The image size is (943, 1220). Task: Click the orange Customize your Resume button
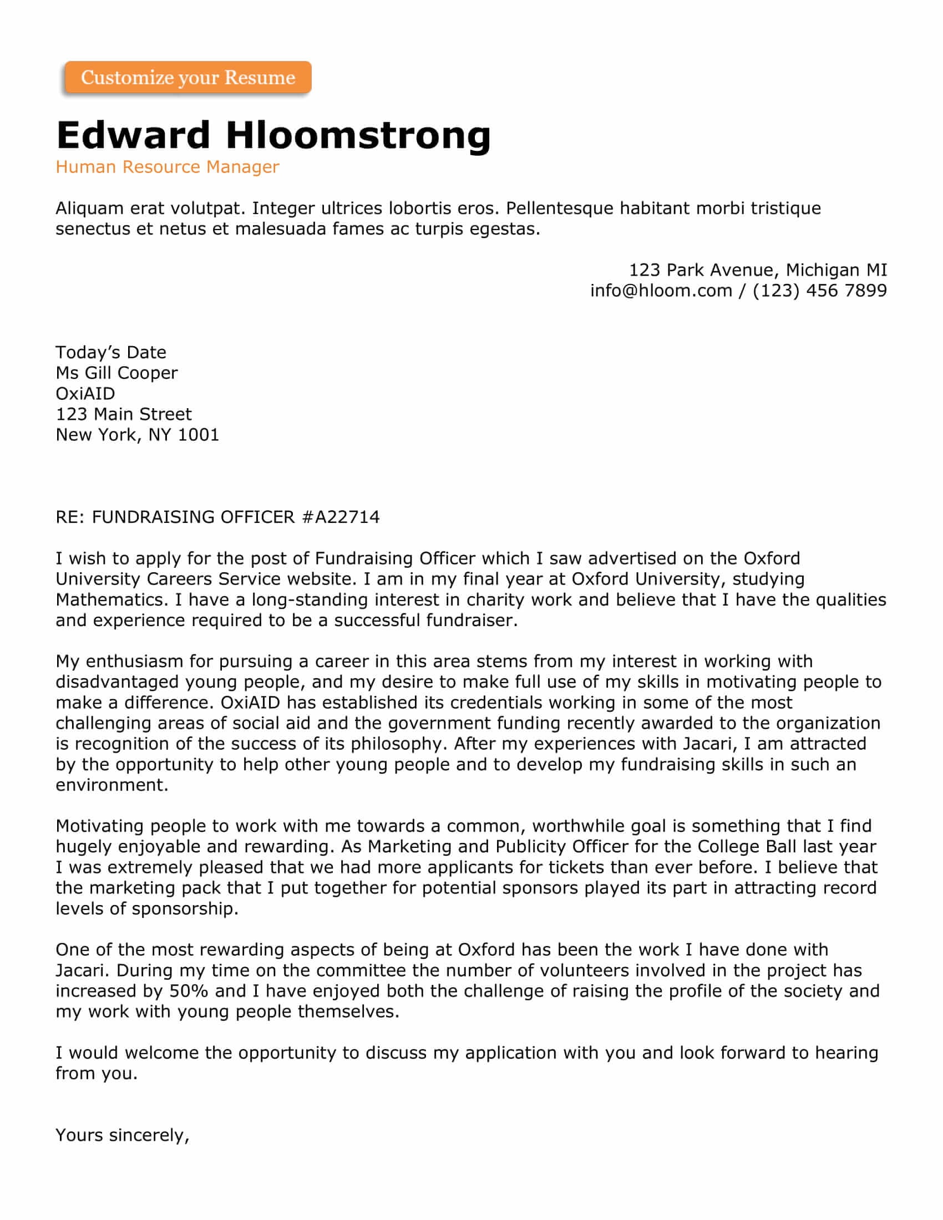[x=187, y=77]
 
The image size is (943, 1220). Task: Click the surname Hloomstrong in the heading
[x=358, y=135]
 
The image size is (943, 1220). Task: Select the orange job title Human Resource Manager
[x=167, y=166]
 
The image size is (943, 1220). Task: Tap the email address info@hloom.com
[x=661, y=291]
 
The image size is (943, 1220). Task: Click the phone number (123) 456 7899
[x=819, y=291]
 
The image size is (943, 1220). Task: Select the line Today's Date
[x=110, y=353]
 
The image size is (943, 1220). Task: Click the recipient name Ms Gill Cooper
[x=116, y=373]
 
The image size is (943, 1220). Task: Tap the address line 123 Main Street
[x=124, y=414]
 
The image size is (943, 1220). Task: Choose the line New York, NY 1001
[x=137, y=435]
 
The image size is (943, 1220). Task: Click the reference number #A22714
[x=340, y=517]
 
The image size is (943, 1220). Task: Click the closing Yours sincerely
[x=123, y=1135]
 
